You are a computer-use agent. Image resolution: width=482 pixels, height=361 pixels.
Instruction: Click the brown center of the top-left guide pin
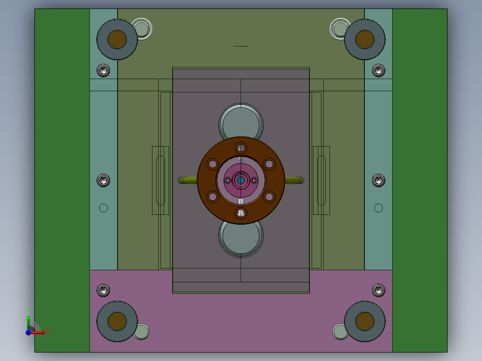tap(117, 39)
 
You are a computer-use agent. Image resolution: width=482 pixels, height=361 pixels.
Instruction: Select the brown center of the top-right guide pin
tap(364, 39)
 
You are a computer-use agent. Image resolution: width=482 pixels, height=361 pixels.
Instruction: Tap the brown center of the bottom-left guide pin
tap(117, 321)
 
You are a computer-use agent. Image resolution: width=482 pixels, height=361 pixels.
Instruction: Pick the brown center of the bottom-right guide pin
tap(364, 321)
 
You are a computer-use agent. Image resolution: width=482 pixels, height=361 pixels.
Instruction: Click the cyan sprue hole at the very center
tap(241, 180)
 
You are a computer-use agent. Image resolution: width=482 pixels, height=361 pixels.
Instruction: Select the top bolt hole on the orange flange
tap(241, 148)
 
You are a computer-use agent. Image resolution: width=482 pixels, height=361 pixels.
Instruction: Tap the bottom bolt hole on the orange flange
tap(241, 213)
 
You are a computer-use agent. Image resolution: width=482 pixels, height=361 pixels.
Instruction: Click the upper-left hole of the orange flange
tap(213, 164)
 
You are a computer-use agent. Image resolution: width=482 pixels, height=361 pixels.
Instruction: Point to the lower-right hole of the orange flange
tap(269, 196)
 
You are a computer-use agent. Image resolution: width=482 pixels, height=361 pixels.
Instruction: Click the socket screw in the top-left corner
tap(103, 70)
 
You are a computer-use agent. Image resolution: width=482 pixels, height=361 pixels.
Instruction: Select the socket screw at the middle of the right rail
tap(378, 180)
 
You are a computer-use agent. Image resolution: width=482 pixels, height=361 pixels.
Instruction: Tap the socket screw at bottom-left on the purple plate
tap(103, 290)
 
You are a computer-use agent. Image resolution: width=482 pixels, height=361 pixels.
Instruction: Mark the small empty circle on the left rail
tap(103, 208)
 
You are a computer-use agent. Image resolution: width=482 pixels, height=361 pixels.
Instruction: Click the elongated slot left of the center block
tap(160, 180)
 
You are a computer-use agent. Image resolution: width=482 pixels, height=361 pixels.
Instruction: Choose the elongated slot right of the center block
tap(321, 180)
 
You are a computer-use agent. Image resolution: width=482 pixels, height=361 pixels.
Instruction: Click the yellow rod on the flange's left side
tap(188, 180)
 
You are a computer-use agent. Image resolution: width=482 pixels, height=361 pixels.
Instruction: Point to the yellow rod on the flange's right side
tap(294, 180)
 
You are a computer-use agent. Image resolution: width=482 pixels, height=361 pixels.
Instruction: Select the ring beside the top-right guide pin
tap(340, 29)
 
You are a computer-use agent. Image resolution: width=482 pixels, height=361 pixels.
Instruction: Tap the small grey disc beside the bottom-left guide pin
tap(141, 332)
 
